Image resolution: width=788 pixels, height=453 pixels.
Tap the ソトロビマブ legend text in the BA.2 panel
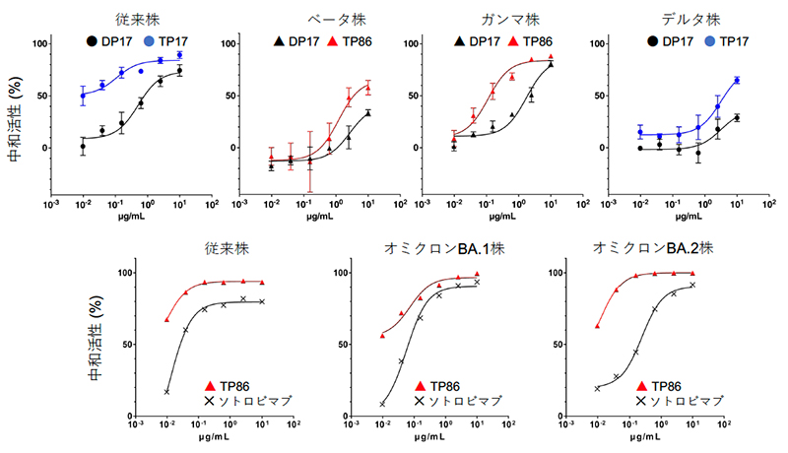pos(686,401)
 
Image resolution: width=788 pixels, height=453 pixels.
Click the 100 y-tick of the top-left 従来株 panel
pos(41,43)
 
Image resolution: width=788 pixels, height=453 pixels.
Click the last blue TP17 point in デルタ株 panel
pos(737,81)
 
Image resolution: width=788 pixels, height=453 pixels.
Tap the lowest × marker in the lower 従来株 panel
pos(167,392)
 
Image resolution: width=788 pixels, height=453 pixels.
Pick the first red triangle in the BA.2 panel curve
pos(598,326)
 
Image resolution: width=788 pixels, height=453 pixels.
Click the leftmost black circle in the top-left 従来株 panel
pos(83,146)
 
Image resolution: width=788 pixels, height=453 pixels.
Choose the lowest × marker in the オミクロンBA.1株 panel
pos(382,404)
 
